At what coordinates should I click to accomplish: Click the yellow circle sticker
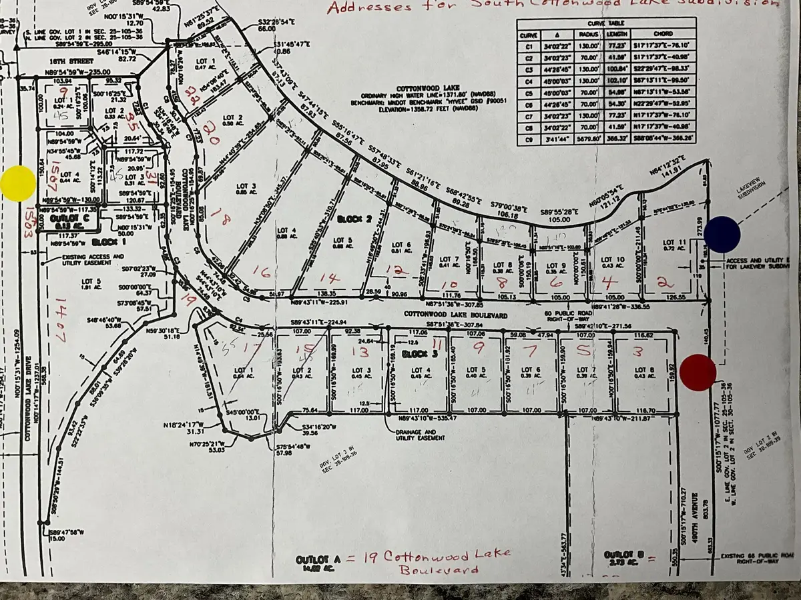pos(18,183)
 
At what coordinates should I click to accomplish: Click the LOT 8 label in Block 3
pos(641,370)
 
